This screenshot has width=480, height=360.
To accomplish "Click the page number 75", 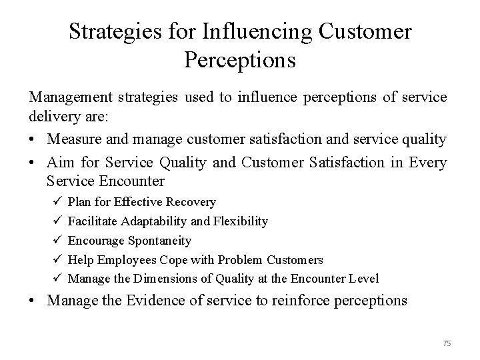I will point(447,343).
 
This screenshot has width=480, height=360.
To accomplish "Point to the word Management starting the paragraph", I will point(71,97).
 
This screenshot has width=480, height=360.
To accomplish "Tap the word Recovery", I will point(191,201).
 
